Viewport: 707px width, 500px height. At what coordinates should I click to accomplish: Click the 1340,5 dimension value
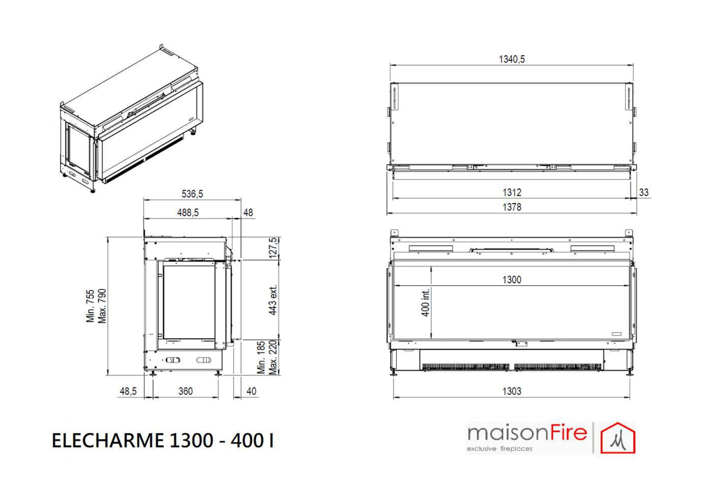click(x=512, y=59)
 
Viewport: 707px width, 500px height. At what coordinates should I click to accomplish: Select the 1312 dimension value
click(x=512, y=192)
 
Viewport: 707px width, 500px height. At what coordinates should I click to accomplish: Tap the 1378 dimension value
click(x=512, y=207)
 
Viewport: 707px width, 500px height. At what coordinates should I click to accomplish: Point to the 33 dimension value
click(x=643, y=192)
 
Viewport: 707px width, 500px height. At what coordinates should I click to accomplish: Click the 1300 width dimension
click(x=512, y=280)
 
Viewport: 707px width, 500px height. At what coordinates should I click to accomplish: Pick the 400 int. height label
click(x=426, y=302)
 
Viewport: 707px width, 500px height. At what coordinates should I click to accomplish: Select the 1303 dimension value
click(x=512, y=391)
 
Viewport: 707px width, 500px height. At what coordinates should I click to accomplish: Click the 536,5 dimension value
click(x=192, y=194)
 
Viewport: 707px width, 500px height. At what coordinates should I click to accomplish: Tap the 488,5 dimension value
click(x=188, y=212)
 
